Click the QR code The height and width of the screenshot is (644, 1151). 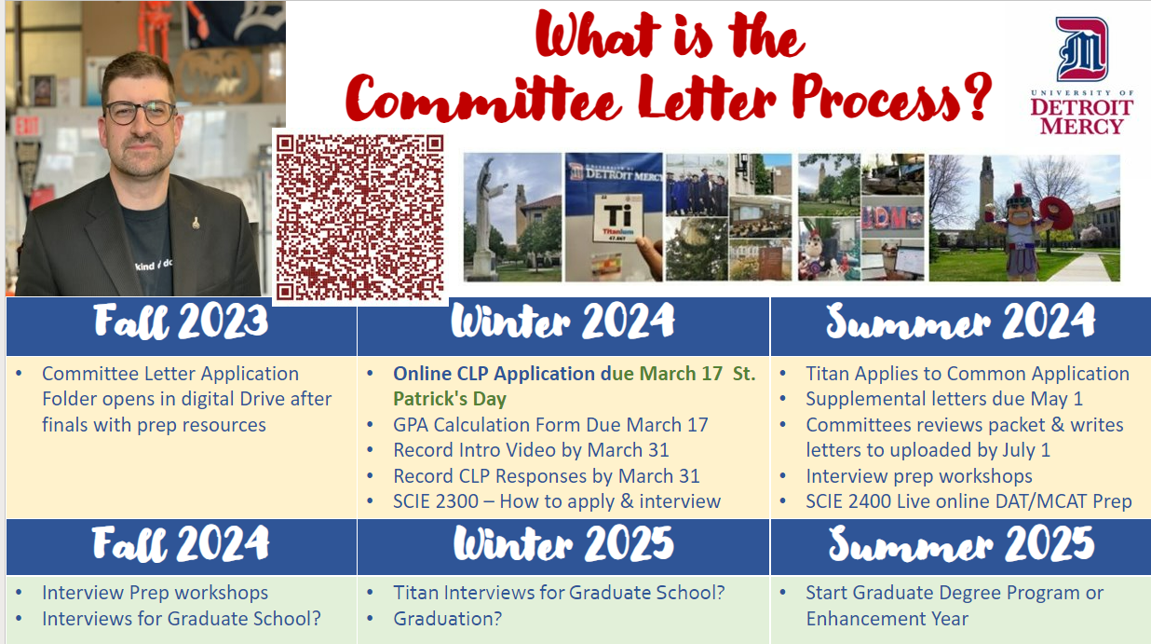tap(359, 217)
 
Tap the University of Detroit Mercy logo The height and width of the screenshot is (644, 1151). tap(1082, 76)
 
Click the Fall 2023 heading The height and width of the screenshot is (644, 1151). tap(181, 322)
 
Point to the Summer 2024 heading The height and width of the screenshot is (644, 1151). tap(960, 322)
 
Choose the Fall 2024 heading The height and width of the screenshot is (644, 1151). tap(181, 544)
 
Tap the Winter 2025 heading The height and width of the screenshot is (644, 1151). tap(563, 543)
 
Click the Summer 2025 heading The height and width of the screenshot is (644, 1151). tap(961, 544)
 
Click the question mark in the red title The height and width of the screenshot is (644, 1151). tap(978, 96)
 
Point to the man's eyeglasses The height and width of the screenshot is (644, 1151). tap(141, 113)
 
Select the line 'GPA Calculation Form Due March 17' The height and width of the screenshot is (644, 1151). tap(550, 425)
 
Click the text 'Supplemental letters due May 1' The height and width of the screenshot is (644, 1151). tap(944, 399)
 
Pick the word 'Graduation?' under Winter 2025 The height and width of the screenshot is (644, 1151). tap(448, 618)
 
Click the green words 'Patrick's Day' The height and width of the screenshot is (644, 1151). tap(450, 399)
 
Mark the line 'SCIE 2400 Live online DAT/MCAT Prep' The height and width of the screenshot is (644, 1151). tap(968, 501)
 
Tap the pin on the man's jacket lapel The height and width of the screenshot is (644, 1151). tap(196, 224)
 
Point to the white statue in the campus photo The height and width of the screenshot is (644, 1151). tap(484, 216)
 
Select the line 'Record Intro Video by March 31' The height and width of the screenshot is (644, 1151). tap(531, 450)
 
